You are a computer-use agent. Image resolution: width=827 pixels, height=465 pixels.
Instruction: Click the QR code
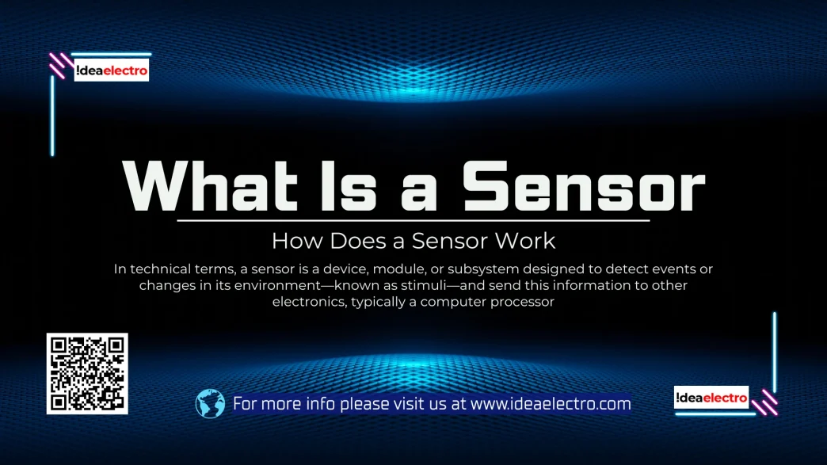(87, 373)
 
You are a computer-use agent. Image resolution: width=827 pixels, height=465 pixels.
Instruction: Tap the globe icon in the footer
(210, 404)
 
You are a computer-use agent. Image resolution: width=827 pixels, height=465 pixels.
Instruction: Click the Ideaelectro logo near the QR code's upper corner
(111, 71)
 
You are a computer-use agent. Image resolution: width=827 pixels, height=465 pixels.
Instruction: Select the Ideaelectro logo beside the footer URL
(711, 398)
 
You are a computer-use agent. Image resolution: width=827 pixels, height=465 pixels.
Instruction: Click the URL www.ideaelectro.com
(551, 404)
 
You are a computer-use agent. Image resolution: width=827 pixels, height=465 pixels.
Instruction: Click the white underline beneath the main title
(413, 221)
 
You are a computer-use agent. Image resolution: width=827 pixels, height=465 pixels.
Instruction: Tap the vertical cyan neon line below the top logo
(52, 116)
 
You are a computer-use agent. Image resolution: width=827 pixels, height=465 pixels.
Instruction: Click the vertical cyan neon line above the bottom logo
(775, 353)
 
